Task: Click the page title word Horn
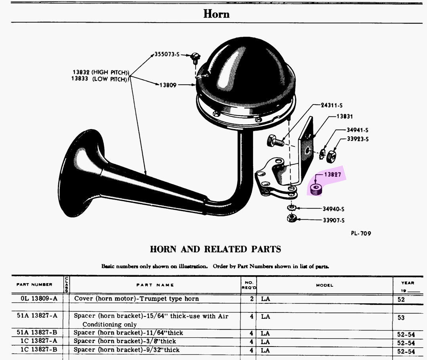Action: [216, 14]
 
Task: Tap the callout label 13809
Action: [168, 85]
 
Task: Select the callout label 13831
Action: [345, 116]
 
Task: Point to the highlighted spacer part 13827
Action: [316, 189]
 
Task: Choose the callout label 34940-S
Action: [333, 209]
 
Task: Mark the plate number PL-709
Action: [361, 233]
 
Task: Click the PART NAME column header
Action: [155, 285]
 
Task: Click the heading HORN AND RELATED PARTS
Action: [215, 249]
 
